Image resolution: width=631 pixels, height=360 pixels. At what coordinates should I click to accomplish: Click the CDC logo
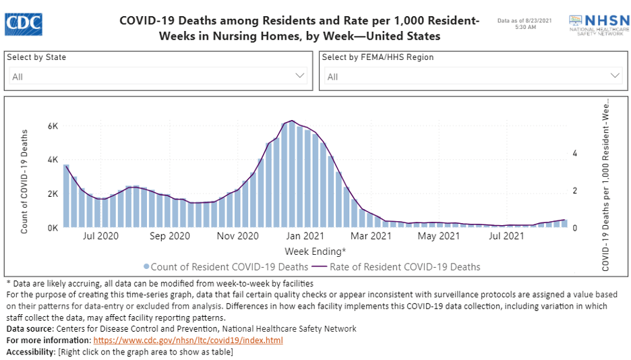pos(24,24)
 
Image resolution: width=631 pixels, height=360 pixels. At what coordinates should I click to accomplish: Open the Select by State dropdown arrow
pos(301,76)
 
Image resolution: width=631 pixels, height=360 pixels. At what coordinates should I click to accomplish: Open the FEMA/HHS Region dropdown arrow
pos(615,76)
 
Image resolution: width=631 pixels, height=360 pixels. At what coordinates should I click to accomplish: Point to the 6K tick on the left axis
pos(52,126)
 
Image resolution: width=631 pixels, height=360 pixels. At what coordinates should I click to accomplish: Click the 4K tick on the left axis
pos(52,160)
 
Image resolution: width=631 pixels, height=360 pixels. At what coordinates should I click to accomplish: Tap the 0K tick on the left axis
pos(52,228)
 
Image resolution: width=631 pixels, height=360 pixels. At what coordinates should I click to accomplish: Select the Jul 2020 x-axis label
pos(100,237)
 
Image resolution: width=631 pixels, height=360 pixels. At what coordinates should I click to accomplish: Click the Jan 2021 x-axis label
pos(304,237)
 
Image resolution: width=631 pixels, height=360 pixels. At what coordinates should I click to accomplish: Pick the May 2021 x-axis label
pos(438,237)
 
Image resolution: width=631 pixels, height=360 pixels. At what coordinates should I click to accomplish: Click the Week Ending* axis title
pos(315,251)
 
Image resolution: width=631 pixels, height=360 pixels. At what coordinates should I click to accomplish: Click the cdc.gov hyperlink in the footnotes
pos(187,340)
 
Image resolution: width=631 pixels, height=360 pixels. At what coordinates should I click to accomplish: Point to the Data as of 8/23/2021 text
pos(525,22)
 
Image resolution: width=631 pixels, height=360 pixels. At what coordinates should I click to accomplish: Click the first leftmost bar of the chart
pos(66,196)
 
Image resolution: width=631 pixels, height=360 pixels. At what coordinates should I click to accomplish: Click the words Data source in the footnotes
pos(30,328)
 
